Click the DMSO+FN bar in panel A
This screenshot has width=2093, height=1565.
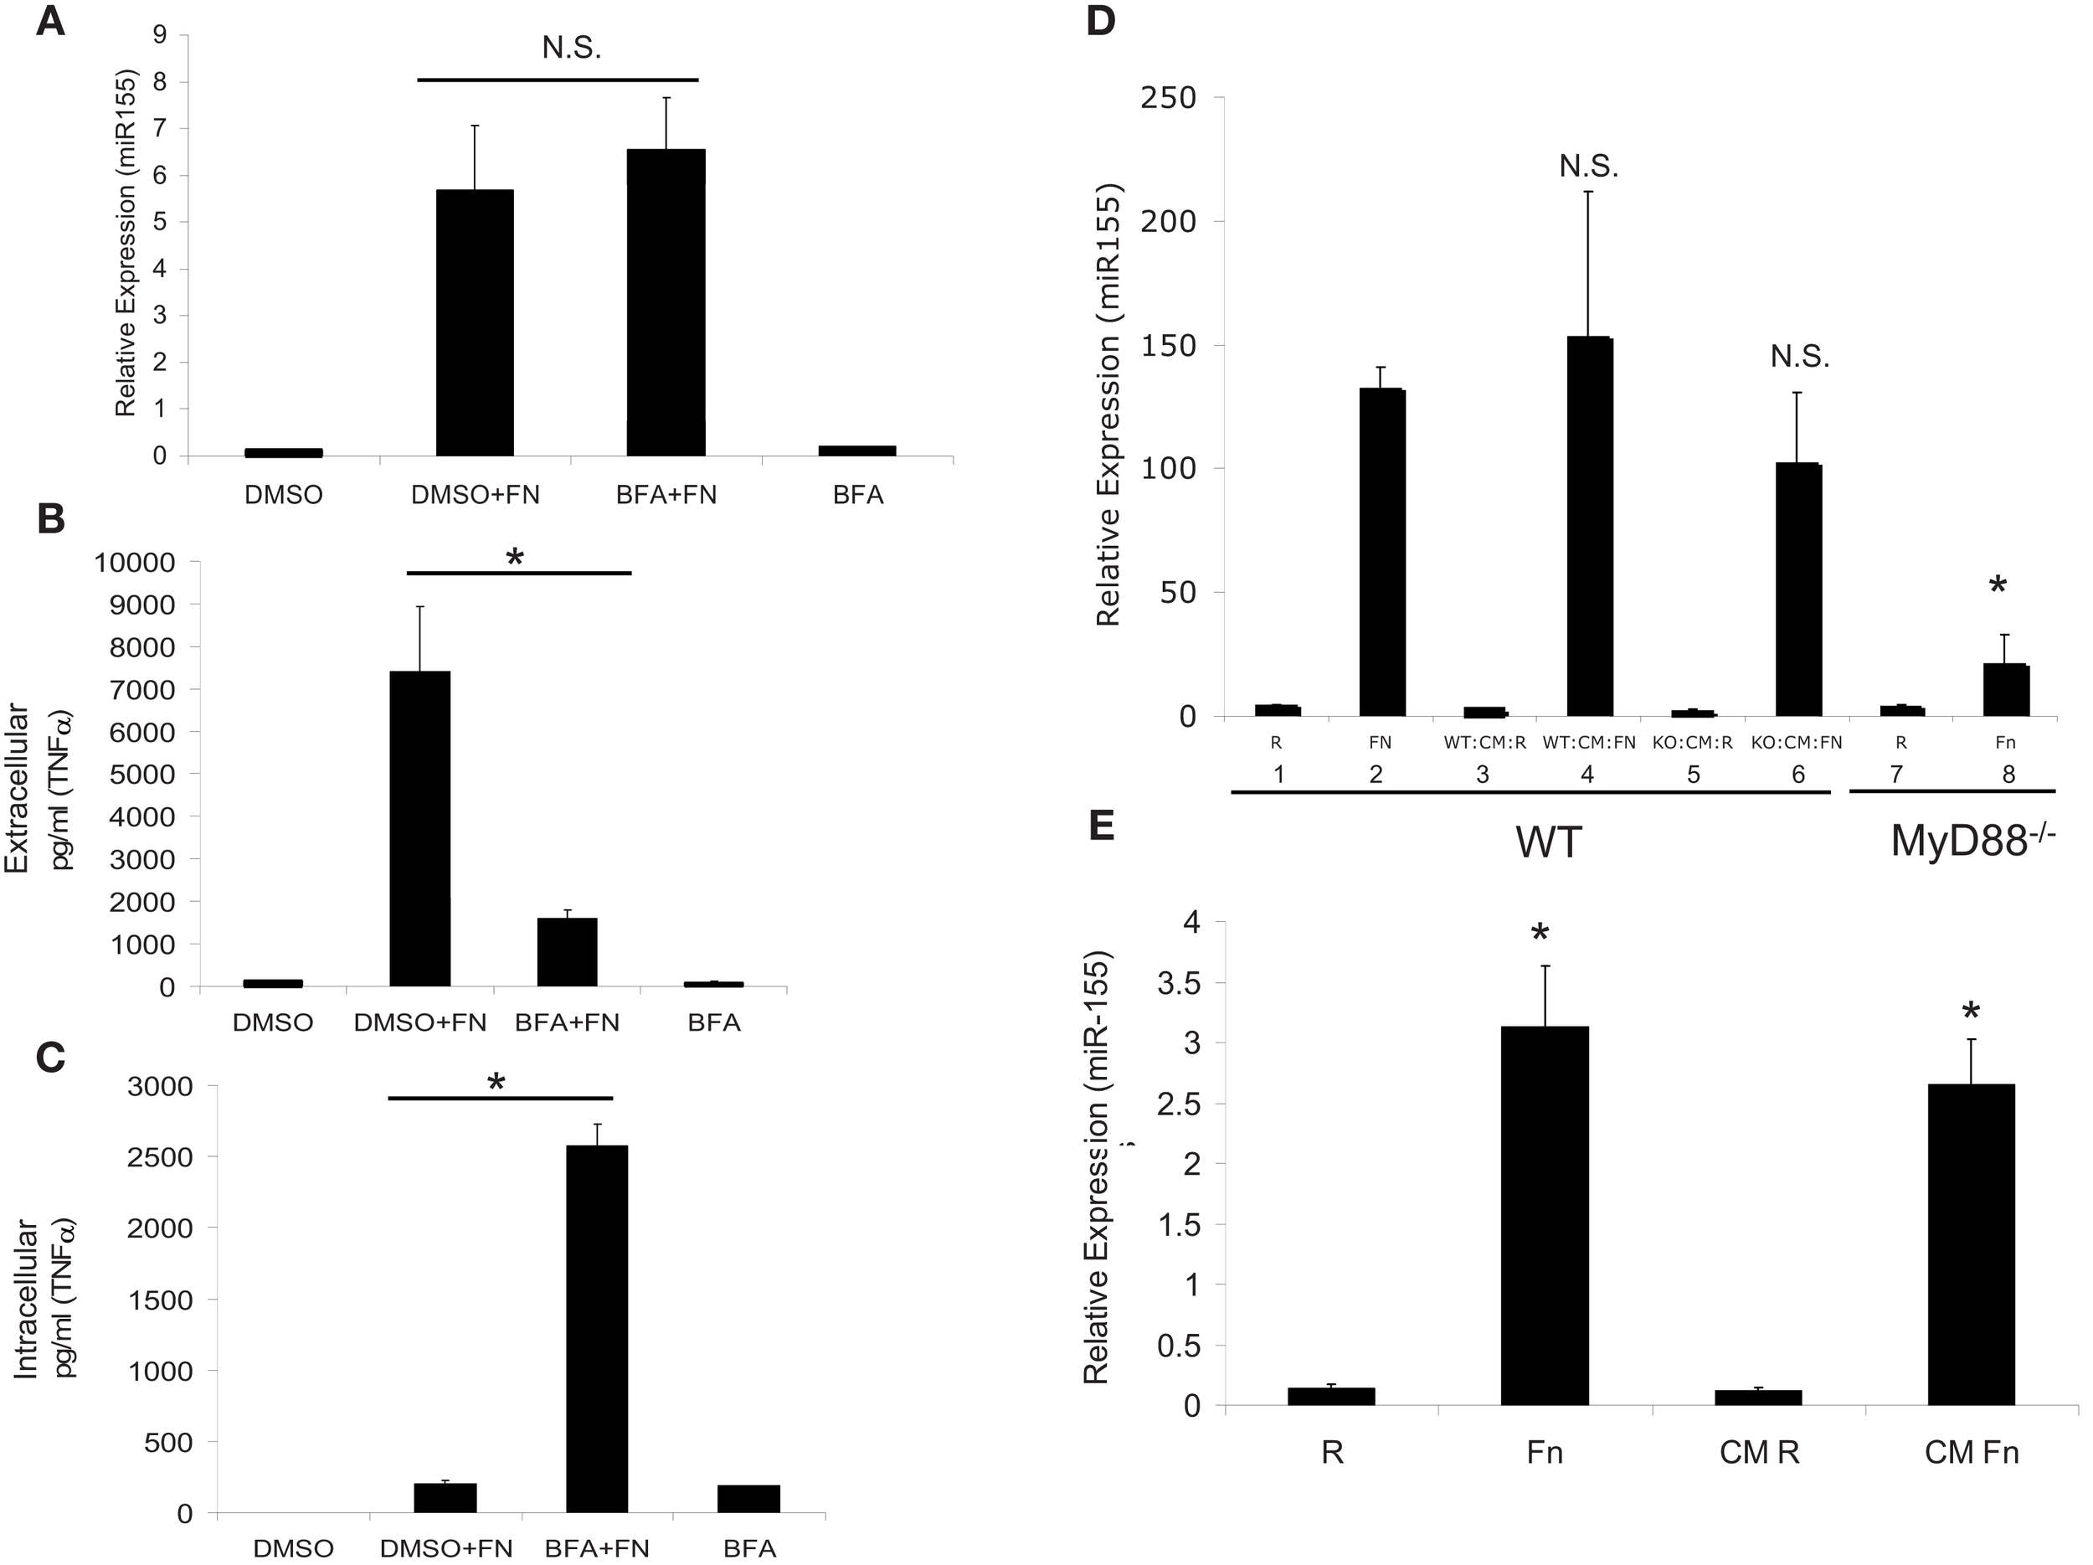pyautogui.click(x=474, y=322)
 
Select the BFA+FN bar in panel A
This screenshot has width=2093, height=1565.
pyautogui.click(x=666, y=303)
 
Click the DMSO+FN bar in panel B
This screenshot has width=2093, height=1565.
pyautogui.click(x=419, y=828)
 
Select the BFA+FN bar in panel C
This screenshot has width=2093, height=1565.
pyautogui.click(x=596, y=1329)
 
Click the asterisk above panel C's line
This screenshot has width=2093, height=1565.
pyautogui.click(x=496, y=1083)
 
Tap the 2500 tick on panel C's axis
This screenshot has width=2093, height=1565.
pyautogui.click(x=161, y=1156)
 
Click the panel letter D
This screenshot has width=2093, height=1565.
pyautogui.click(x=1102, y=23)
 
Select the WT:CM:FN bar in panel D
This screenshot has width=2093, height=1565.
pyautogui.click(x=1590, y=526)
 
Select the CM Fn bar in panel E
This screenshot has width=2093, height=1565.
pyautogui.click(x=1971, y=1244)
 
